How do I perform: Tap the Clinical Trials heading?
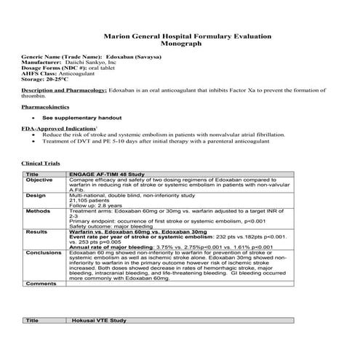(41, 164)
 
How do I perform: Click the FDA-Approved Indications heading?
(55, 128)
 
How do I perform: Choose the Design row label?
(36, 196)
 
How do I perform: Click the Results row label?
(36, 231)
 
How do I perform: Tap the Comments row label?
(41, 283)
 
